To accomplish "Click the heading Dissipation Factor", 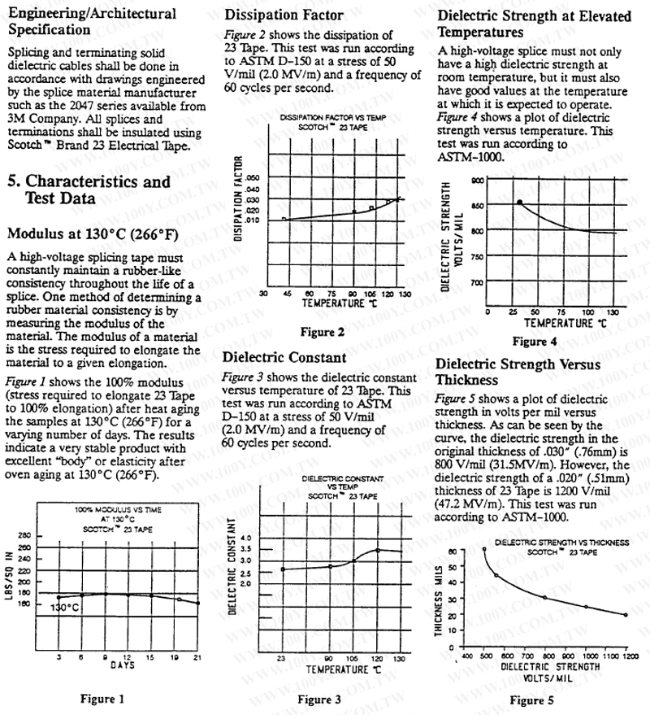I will (284, 15).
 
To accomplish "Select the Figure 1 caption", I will (102, 698).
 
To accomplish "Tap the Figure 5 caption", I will (531, 700).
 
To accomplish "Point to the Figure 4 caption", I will (535, 342).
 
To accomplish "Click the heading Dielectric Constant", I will (284, 357).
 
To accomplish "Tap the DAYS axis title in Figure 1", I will (117, 665).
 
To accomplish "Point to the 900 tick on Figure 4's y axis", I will (476, 180).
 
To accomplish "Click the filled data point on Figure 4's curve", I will (519, 202).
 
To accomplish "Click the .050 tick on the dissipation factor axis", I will (252, 177).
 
